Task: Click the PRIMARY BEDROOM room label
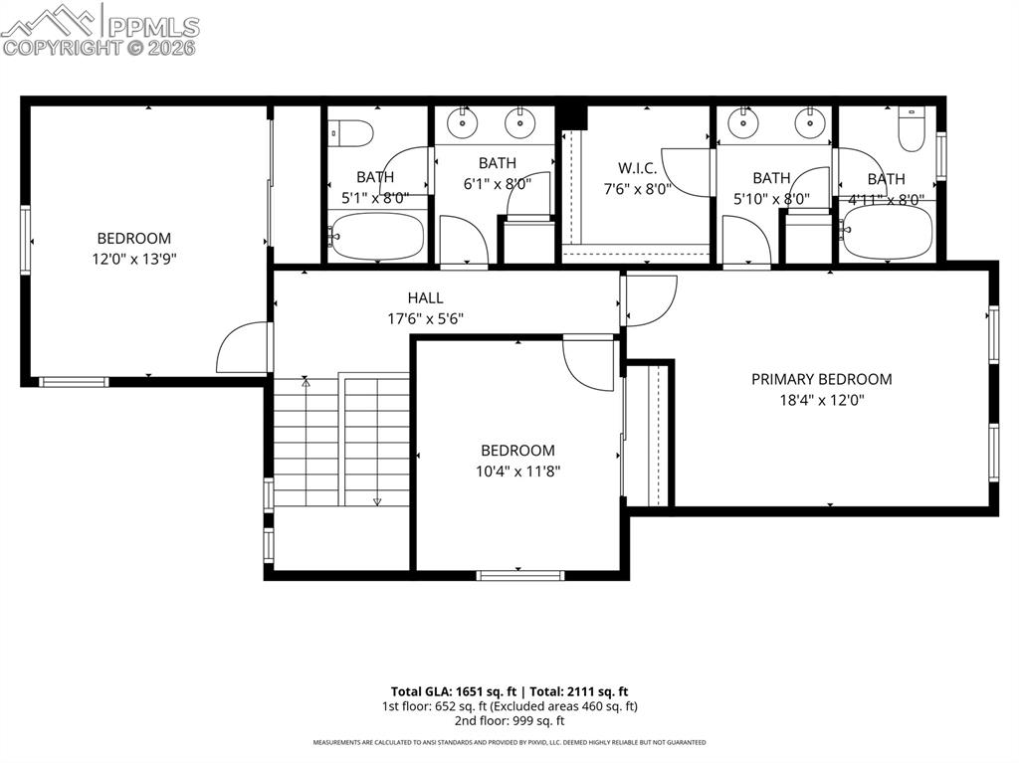click(821, 379)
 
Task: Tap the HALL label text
click(425, 297)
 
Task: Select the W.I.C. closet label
click(637, 168)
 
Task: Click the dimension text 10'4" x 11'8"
click(517, 472)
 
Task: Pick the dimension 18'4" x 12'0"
click(821, 400)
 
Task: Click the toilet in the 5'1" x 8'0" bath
click(350, 131)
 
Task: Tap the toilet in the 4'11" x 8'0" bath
click(911, 128)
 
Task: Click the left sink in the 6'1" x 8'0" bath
click(462, 123)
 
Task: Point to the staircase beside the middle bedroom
click(341, 441)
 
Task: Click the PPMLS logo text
click(152, 26)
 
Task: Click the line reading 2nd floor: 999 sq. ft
click(509, 721)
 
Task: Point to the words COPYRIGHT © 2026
click(100, 47)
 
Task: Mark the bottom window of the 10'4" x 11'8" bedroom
click(519, 575)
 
